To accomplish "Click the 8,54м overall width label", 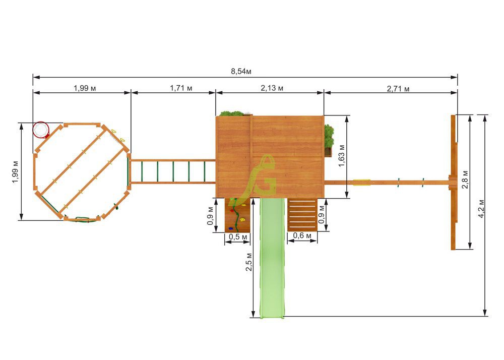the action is coord(241,72).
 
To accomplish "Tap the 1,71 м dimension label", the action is coord(181,88).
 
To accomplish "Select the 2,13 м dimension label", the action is coord(272,88).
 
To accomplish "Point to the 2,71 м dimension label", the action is coord(398,89).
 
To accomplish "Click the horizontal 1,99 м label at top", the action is coord(85,88).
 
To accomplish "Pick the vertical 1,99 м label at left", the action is coord(16,172).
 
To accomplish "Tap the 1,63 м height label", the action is coord(341,156).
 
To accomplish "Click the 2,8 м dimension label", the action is coord(465,179).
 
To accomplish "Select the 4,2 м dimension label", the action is coord(481,209).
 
